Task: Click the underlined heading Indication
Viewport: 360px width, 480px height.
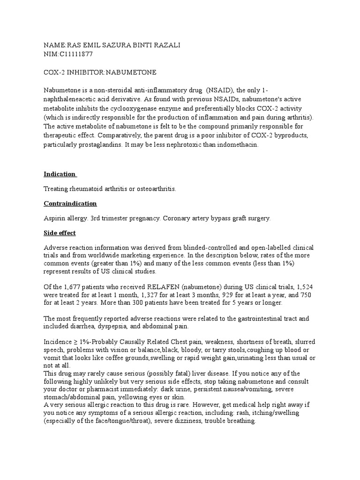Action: click(60, 174)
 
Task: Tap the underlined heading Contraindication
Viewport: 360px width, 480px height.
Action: click(70, 203)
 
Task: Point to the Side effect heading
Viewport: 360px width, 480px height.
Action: click(60, 233)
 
